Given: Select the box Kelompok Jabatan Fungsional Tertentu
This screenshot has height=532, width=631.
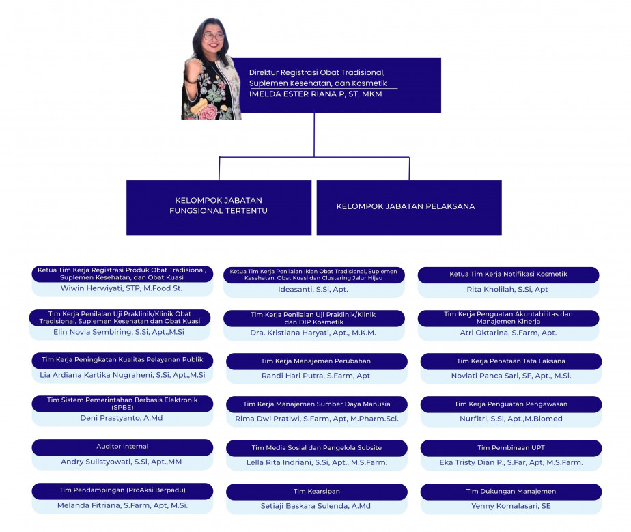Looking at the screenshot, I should tap(219, 207).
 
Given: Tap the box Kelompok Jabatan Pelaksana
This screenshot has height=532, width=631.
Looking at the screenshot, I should tap(408, 207).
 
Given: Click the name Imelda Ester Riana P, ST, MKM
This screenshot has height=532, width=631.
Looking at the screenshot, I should tap(315, 94).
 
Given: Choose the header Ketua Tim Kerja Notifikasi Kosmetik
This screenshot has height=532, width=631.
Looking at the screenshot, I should tap(508, 275).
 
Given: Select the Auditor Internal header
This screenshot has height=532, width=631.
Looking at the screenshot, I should tap(122, 447).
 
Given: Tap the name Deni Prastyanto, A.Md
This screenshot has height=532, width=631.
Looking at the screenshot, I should tap(121, 418).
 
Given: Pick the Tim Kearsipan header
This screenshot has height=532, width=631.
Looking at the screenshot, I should tap(316, 491).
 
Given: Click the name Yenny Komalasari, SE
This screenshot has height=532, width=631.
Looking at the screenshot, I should tap(511, 506).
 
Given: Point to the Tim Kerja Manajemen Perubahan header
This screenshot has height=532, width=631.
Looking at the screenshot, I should tap(316, 361).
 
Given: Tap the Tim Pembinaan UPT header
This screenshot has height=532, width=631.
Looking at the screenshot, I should tap(511, 448).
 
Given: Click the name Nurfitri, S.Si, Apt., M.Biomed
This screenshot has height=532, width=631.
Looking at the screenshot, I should tap(511, 419).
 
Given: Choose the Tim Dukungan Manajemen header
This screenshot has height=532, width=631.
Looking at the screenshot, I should tap(511, 491).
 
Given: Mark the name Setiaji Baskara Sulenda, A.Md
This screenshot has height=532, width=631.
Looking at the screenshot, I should tap(315, 506).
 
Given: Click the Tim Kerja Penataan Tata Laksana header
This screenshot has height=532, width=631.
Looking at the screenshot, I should tap(511, 361).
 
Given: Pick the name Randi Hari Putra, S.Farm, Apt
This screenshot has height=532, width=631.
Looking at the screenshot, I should tap(315, 376).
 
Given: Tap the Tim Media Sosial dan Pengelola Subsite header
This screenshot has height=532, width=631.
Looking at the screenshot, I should tap(316, 448).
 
